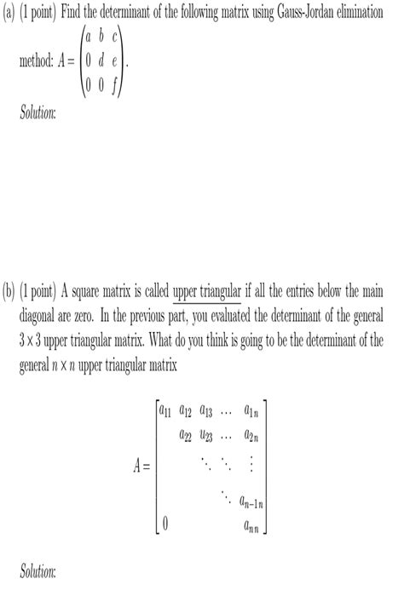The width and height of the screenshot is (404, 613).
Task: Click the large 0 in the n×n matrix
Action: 165,524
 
